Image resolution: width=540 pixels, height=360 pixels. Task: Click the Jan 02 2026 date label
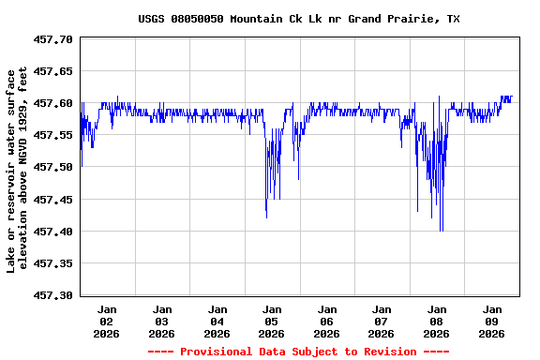(x=107, y=321)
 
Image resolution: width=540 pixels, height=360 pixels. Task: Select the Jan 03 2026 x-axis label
(x=162, y=321)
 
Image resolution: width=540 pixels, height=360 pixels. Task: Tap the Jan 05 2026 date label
(x=272, y=321)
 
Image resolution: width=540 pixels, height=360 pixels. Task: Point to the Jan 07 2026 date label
(x=382, y=321)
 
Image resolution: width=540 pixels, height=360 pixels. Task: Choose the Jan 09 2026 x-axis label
(x=491, y=321)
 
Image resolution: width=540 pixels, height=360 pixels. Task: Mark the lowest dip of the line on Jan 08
(x=441, y=230)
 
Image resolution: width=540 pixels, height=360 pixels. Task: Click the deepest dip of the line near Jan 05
(x=266, y=217)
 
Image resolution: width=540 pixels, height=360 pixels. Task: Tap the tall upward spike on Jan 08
(x=439, y=97)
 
